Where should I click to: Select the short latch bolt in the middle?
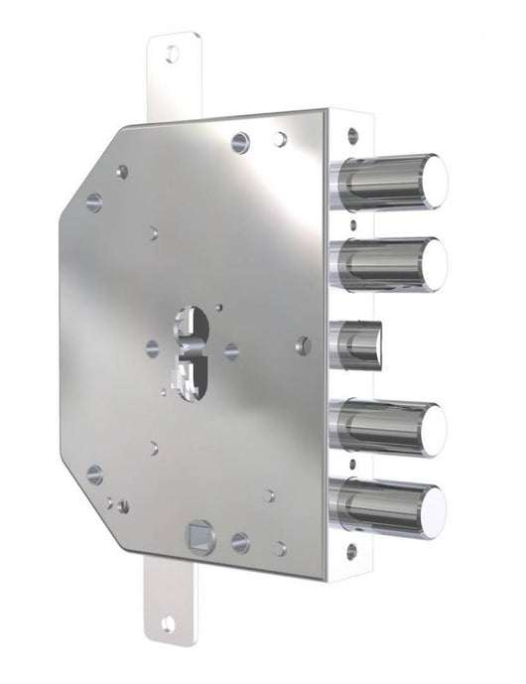(356, 343)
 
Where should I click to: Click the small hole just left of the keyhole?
(152, 348)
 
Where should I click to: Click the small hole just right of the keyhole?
(231, 349)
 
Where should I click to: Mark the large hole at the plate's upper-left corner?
(94, 202)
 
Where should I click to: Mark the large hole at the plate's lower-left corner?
(94, 475)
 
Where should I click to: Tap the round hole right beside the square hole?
(239, 542)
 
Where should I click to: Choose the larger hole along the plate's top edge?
(240, 142)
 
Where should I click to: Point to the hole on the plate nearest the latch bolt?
(304, 345)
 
